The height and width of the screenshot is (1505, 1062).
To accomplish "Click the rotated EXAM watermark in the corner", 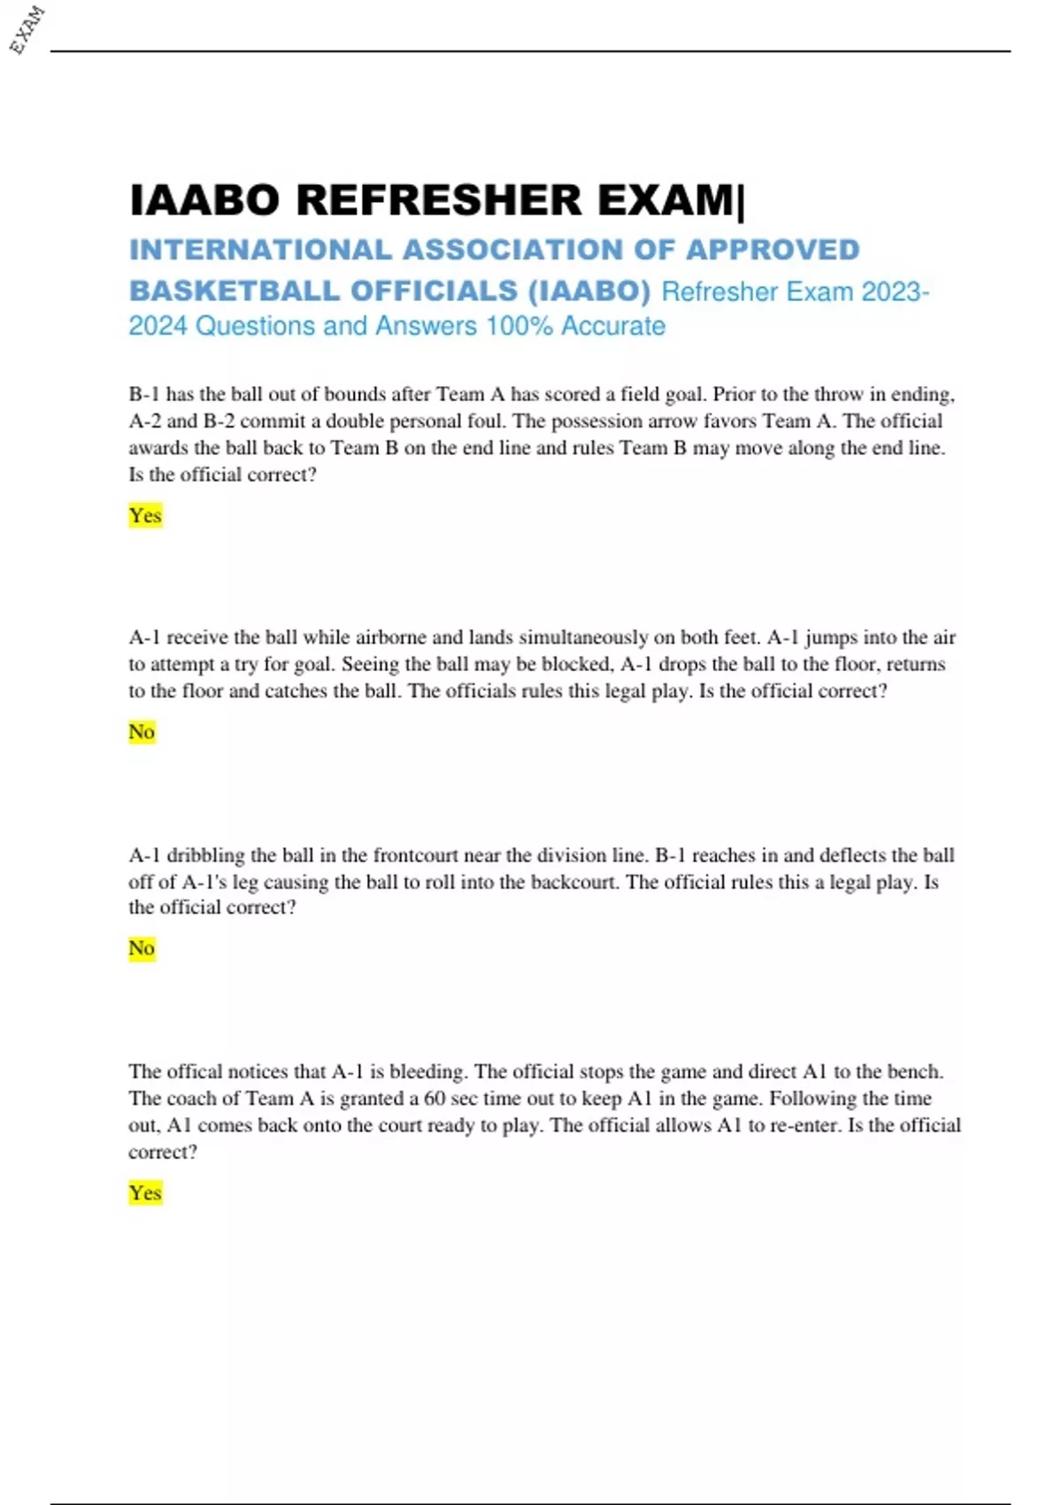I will (27, 29).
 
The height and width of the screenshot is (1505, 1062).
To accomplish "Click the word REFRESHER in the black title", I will (439, 200).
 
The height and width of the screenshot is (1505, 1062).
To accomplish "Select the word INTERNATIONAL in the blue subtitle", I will (260, 251).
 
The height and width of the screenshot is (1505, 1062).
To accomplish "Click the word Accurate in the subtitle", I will (613, 326).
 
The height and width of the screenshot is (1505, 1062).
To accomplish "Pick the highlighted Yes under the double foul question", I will (145, 515).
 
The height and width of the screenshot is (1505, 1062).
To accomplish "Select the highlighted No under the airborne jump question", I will (142, 732).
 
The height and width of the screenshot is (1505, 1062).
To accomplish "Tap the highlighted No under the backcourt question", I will (142, 948).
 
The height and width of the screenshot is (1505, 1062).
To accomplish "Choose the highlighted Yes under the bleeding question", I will (145, 1192).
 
